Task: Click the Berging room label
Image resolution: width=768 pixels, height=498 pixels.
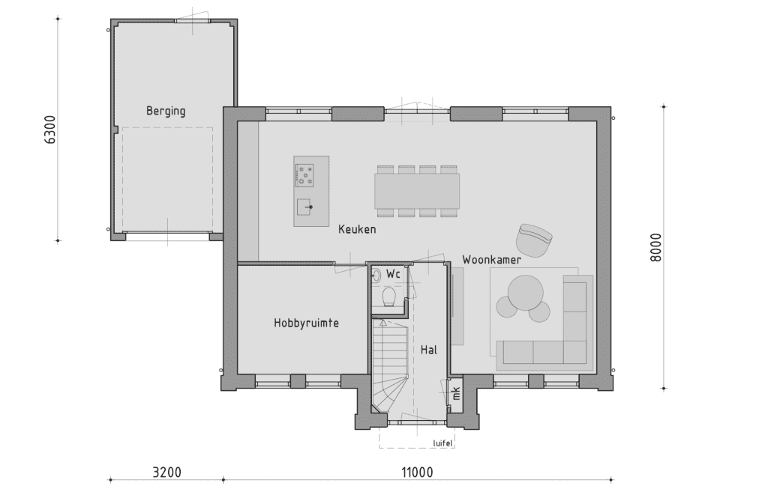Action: pos(166,111)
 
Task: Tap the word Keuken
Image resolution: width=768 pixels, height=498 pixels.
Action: pos(357,229)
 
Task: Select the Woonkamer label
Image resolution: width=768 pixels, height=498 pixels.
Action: pos(492,260)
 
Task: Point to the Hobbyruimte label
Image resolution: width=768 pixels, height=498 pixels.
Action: pos(307,323)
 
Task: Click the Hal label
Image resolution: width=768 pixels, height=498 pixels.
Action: pos(428,350)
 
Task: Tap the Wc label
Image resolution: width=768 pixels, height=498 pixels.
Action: pos(393,274)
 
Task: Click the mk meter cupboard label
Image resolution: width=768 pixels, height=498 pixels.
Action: pos(456,392)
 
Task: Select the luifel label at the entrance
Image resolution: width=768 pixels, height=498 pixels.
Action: pos(442,443)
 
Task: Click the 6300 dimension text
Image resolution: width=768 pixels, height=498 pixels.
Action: pos(50,130)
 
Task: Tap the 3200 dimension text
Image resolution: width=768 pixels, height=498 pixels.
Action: pos(167,473)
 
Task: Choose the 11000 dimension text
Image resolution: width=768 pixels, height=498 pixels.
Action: pos(417,473)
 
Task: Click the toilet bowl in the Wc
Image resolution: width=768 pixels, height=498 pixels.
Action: pos(389,297)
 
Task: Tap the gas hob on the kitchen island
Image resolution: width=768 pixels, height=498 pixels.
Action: pos(304,175)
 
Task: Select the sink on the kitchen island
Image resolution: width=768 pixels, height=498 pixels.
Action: pos(304,207)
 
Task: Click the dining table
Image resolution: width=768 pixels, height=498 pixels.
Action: pos(417,191)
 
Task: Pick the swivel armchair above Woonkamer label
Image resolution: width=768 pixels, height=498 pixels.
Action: pos(534,240)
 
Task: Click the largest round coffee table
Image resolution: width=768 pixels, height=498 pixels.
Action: pos(526,293)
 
